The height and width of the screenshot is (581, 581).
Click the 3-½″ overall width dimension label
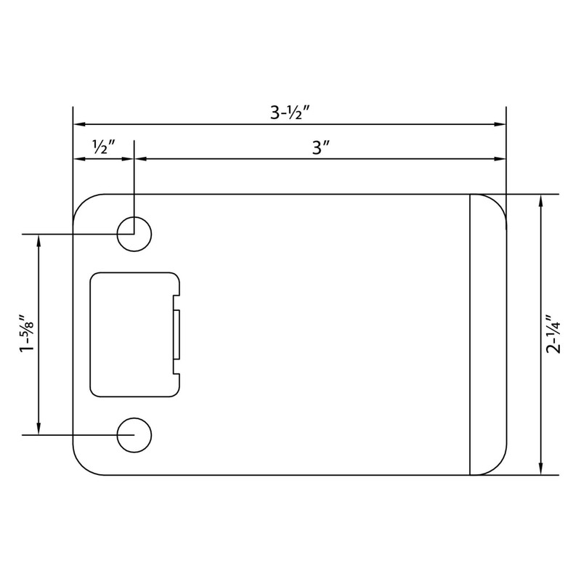(x=289, y=113)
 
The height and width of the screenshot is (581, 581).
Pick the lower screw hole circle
(x=135, y=435)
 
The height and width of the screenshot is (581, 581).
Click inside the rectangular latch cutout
(x=131, y=334)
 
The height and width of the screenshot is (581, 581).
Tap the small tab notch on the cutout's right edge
(x=176, y=334)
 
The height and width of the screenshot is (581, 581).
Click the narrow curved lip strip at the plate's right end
(x=487, y=334)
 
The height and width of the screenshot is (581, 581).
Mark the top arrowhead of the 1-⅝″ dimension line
(x=38, y=240)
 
